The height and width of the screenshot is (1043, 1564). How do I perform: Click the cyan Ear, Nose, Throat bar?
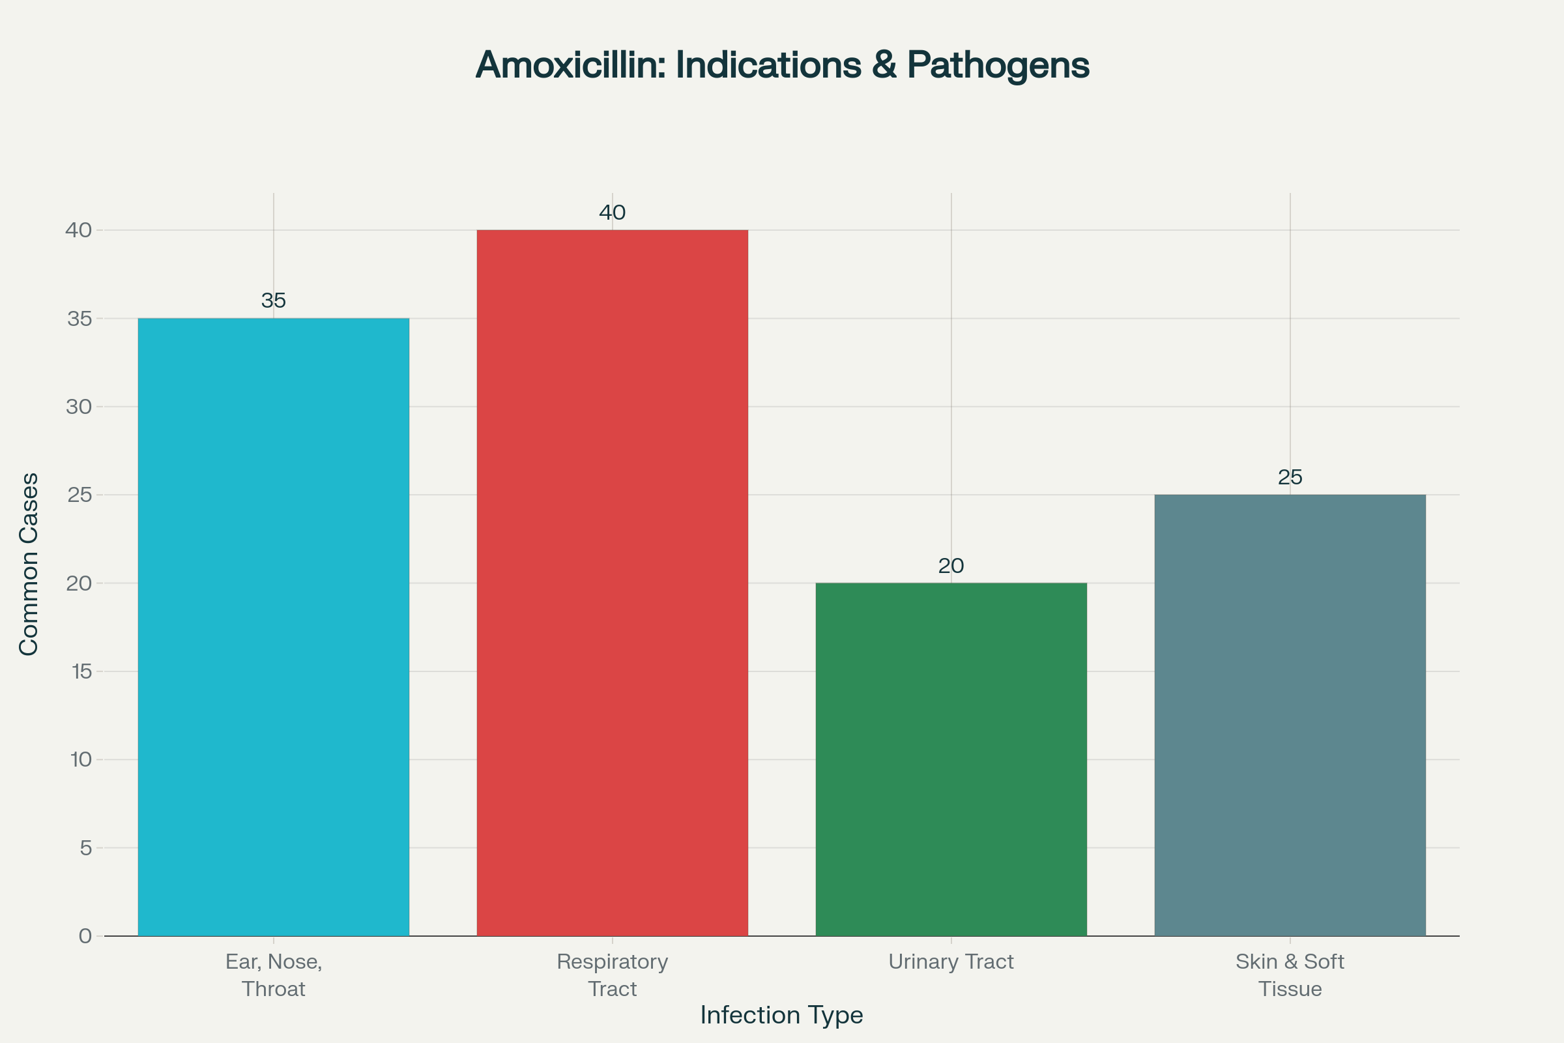273,626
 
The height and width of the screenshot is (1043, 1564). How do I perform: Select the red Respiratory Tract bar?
612,583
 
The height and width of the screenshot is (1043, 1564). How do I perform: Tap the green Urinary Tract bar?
951,759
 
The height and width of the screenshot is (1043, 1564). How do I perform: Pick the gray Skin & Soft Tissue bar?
1290,715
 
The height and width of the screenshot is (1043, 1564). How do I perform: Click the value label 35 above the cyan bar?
273,301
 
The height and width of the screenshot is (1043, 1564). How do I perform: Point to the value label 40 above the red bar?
612,213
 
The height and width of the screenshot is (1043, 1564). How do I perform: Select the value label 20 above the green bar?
951,565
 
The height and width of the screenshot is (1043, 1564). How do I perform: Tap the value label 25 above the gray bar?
1290,477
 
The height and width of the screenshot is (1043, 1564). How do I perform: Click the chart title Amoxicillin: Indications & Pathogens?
782,65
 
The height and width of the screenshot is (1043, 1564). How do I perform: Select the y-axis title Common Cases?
29,564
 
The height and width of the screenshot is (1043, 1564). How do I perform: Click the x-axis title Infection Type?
781,1015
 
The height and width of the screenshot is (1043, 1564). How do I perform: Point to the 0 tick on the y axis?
85,937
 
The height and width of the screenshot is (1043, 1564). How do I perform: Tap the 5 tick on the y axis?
85,848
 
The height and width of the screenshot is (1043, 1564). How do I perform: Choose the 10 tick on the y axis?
81,759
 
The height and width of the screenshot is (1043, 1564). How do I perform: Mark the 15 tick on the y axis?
81,671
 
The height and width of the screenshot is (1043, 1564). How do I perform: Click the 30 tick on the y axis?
79,406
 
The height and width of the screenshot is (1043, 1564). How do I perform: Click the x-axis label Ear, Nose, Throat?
273,975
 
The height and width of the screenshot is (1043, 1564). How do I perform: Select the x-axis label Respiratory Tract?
612,975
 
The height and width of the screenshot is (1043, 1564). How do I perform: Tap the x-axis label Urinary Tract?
951,962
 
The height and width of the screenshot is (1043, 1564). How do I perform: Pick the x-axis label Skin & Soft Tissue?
1290,975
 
